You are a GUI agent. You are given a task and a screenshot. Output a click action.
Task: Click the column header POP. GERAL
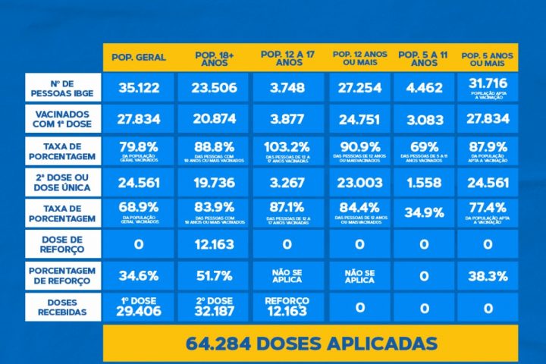(139, 58)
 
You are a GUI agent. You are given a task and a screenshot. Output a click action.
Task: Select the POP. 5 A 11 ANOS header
(424, 58)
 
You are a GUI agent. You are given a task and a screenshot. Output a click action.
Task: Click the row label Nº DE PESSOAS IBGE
(63, 88)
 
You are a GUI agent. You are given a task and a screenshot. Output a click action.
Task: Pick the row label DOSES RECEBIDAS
(63, 306)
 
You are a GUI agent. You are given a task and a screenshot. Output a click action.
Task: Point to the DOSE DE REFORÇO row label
(63, 243)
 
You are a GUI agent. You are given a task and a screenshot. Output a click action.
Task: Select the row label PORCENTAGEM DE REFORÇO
(63, 275)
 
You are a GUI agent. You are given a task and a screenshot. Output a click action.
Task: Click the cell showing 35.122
(139, 88)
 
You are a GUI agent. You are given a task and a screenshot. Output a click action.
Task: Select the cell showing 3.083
(424, 118)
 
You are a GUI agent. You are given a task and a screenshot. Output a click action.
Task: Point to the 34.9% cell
(424, 212)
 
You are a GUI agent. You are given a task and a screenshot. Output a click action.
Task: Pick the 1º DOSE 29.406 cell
(139, 306)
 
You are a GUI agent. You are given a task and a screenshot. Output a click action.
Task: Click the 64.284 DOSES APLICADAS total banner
(311, 343)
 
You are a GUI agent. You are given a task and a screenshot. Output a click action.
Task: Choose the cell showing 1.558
(424, 181)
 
